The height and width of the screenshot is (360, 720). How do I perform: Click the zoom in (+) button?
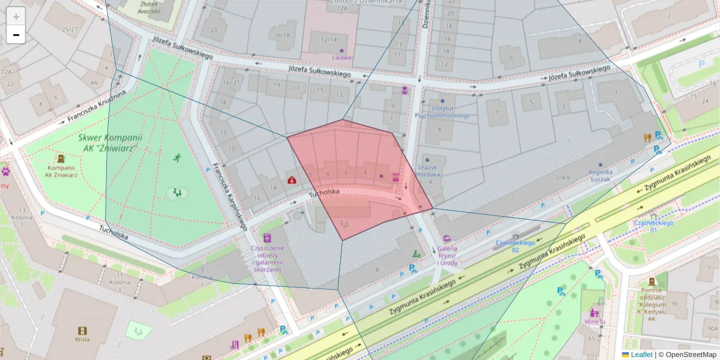tap(16, 16)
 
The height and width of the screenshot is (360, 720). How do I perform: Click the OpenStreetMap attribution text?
tap(690, 355)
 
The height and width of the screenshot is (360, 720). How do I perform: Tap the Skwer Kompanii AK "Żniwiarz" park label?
tap(108, 142)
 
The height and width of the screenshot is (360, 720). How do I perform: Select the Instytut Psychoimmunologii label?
tap(442, 112)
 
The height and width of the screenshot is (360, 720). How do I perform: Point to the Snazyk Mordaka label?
tap(429, 170)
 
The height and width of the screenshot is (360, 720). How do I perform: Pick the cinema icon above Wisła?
tap(82, 331)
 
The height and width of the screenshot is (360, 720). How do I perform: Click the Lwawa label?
tap(342, 58)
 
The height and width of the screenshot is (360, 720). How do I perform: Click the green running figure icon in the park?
tap(177, 158)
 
